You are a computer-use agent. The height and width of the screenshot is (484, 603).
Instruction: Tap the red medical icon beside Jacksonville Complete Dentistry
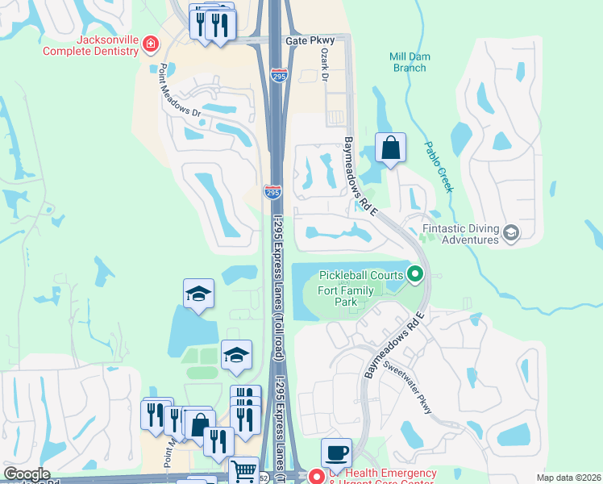[150, 42]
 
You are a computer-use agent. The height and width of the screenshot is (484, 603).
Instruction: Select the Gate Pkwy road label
[309, 40]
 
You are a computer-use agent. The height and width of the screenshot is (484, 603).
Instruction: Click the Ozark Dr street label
[326, 64]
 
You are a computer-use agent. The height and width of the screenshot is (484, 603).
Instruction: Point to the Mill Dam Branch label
[408, 62]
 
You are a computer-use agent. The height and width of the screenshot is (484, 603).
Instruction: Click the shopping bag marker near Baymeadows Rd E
[390, 148]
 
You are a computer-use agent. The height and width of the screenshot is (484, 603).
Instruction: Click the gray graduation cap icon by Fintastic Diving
[510, 234]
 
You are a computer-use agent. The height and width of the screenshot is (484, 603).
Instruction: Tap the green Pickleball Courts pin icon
[415, 275]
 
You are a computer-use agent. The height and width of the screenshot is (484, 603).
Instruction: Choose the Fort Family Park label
[348, 296]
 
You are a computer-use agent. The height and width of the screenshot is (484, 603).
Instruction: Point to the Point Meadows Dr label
[180, 92]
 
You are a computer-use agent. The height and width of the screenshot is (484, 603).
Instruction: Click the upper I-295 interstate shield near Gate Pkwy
[279, 76]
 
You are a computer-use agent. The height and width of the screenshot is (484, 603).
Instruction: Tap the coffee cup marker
[336, 453]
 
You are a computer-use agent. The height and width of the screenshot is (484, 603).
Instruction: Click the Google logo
[27, 474]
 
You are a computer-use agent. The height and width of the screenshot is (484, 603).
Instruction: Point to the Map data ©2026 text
[568, 478]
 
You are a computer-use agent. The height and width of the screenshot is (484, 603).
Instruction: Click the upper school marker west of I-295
[198, 294]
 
